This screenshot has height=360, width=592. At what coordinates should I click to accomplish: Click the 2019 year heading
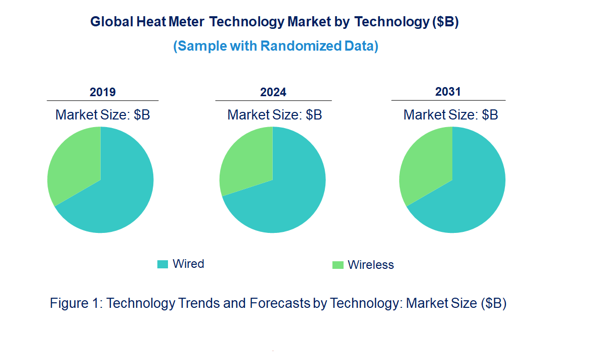pos(103,92)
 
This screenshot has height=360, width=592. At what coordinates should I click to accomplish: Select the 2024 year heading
pos(273,92)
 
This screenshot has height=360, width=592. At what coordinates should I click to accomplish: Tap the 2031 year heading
pos(448,92)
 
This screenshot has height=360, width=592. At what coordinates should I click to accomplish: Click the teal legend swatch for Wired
pos(162,264)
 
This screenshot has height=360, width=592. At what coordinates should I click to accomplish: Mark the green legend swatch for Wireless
pos(337,265)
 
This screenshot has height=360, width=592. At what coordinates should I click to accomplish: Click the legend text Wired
pos(188,264)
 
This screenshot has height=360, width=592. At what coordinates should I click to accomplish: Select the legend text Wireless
pos(371,265)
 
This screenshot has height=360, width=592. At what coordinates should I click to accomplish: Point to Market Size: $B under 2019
pos(103,115)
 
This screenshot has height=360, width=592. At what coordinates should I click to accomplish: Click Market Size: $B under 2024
pos(275,115)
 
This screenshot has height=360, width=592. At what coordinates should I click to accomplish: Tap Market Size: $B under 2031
pos(451,115)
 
